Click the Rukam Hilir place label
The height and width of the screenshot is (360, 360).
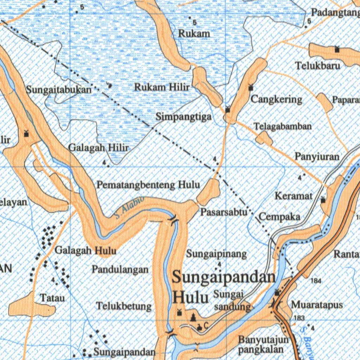(162, 87)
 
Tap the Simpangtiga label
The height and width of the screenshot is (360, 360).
(184, 117)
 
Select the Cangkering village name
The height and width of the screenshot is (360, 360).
(276, 99)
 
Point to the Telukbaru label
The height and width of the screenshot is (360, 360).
(317, 66)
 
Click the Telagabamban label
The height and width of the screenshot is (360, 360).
(283, 126)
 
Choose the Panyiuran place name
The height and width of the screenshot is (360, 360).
(317, 156)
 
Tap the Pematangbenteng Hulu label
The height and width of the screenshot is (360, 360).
(148, 184)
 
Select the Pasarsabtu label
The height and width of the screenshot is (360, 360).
(224, 212)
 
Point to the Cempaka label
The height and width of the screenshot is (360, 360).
(279, 216)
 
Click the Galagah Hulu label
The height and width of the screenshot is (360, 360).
(85, 251)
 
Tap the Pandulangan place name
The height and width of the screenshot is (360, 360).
(120, 270)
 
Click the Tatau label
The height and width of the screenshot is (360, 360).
(52, 298)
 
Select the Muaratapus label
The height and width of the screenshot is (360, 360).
(317, 304)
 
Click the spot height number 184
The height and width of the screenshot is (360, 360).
(316, 281)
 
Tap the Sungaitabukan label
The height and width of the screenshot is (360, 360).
(58, 90)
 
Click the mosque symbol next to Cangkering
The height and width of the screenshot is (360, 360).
(251, 88)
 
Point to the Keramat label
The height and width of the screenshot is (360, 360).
(294, 196)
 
